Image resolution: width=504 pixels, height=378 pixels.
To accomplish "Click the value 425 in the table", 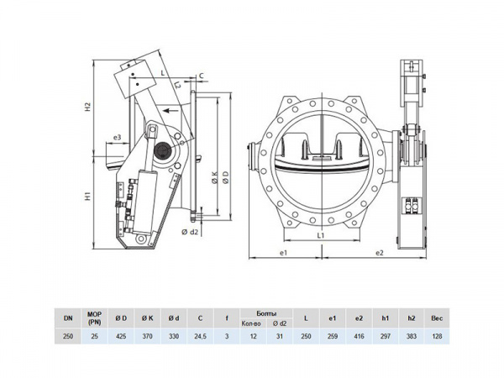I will coord(121,335).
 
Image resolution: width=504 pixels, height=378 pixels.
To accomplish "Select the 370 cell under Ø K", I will coord(147,335).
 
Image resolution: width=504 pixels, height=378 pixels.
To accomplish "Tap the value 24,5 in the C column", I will coord(199,335).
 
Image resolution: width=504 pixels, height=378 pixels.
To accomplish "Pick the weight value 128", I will coord(436,335).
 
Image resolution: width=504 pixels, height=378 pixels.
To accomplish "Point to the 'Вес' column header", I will coord(436,317).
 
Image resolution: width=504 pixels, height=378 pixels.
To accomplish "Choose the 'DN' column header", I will coord(67,317).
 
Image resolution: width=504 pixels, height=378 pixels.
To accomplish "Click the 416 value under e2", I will coord(359,335).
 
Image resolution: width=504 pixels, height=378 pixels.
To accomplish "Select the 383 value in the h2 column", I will coord(410,335).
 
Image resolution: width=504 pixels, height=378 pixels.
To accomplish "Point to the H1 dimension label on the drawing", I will coord(87,197).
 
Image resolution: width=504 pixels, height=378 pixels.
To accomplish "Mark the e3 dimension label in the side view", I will coord(117,137).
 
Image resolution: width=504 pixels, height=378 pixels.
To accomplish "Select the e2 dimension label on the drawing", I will coord(380,252).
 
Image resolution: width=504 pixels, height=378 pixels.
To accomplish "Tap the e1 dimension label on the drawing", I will coord(285,252).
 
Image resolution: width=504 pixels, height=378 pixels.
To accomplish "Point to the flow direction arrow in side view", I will coord(171,109).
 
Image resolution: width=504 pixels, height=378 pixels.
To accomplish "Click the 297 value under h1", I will coord(385,335).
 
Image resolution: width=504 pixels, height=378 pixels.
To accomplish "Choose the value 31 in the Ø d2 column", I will coord(281,335).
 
